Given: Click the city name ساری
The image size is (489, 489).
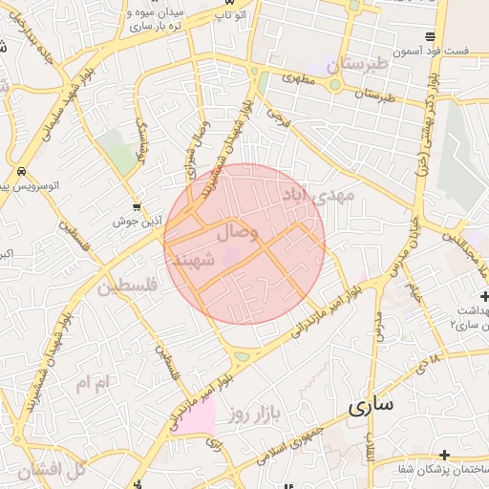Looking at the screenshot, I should pos(371,406).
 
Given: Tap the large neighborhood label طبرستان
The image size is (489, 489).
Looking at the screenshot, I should pos(359,65).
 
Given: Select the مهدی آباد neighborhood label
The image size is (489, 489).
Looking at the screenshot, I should pos(317,196).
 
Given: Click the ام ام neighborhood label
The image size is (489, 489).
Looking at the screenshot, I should pos(95,383).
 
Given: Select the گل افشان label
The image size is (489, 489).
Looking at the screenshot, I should pos(51,468).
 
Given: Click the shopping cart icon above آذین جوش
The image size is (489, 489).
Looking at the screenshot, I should pos(139,205).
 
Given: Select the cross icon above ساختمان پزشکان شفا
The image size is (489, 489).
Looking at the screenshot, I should pos(444,455).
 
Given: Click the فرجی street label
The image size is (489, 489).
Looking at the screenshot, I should pos(277,117).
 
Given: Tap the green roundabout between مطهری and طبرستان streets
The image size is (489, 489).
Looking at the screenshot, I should pos(335,84).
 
